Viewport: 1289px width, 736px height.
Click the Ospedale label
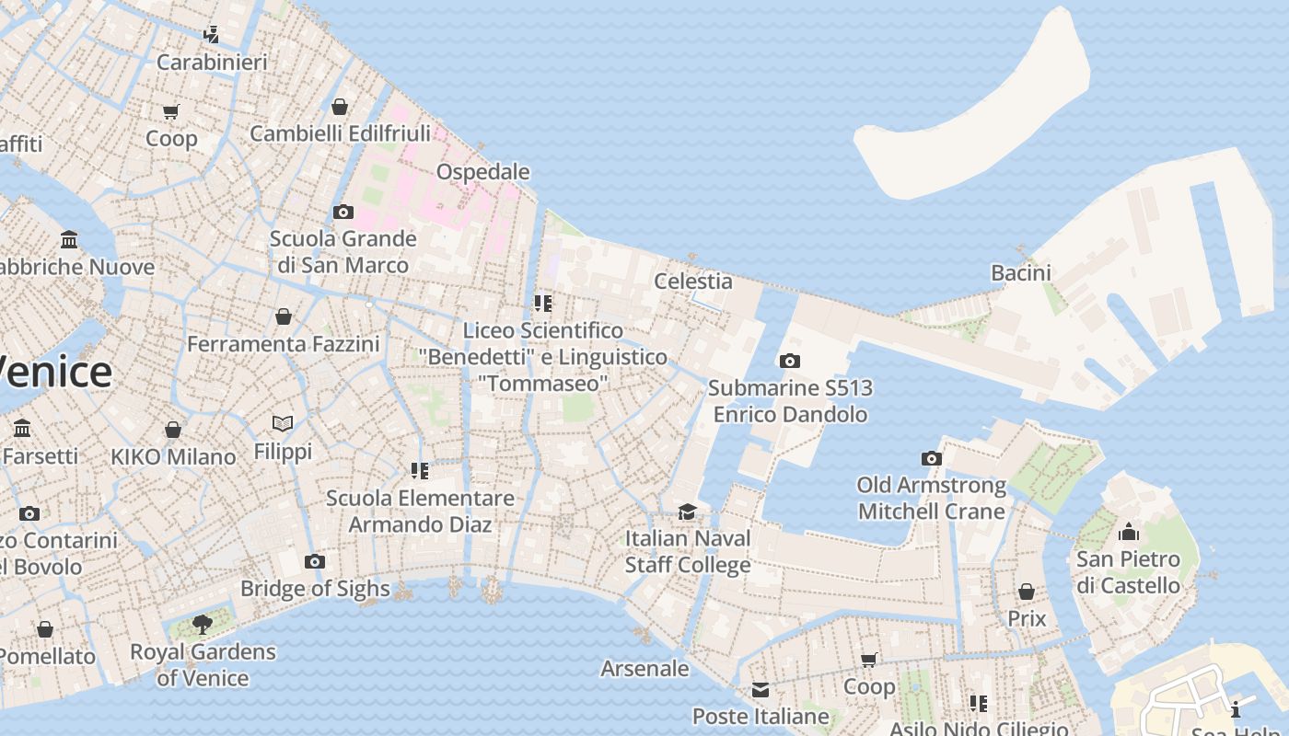pyautogui.click(x=482, y=172)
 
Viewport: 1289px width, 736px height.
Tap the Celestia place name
pyautogui.click(x=692, y=282)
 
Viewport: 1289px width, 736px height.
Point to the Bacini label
pyautogui.click(x=1020, y=272)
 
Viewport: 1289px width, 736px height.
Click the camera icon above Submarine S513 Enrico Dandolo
pyautogui.click(x=789, y=362)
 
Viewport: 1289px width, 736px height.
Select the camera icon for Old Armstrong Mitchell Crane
pyautogui.click(x=931, y=458)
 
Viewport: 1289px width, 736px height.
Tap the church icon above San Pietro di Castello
pyautogui.click(x=1128, y=532)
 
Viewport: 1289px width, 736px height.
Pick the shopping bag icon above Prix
pyautogui.click(x=1026, y=592)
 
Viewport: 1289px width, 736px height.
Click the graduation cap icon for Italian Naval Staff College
pyautogui.click(x=687, y=512)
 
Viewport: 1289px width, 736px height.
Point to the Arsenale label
pyautogui.click(x=644, y=669)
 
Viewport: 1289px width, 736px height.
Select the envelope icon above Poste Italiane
pyautogui.click(x=760, y=690)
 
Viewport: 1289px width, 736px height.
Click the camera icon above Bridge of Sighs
pyautogui.click(x=314, y=561)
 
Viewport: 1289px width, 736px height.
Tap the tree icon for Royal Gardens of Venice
pyautogui.click(x=203, y=626)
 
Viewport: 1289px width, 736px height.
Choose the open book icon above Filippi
pyautogui.click(x=283, y=424)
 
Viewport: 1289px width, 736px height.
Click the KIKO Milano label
pyautogui.click(x=173, y=457)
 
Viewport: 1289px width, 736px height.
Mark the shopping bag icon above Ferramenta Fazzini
pyautogui.click(x=284, y=316)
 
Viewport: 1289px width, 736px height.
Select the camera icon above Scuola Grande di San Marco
pyautogui.click(x=343, y=212)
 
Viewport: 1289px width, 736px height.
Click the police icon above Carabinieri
pyautogui.click(x=211, y=35)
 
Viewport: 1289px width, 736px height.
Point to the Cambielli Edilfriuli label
pyautogui.click(x=340, y=134)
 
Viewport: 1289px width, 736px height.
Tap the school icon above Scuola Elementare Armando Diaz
pyautogui.click(x=420, y=471)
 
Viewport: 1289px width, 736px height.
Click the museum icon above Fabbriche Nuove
pyautogui.click(x=69, y=240)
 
